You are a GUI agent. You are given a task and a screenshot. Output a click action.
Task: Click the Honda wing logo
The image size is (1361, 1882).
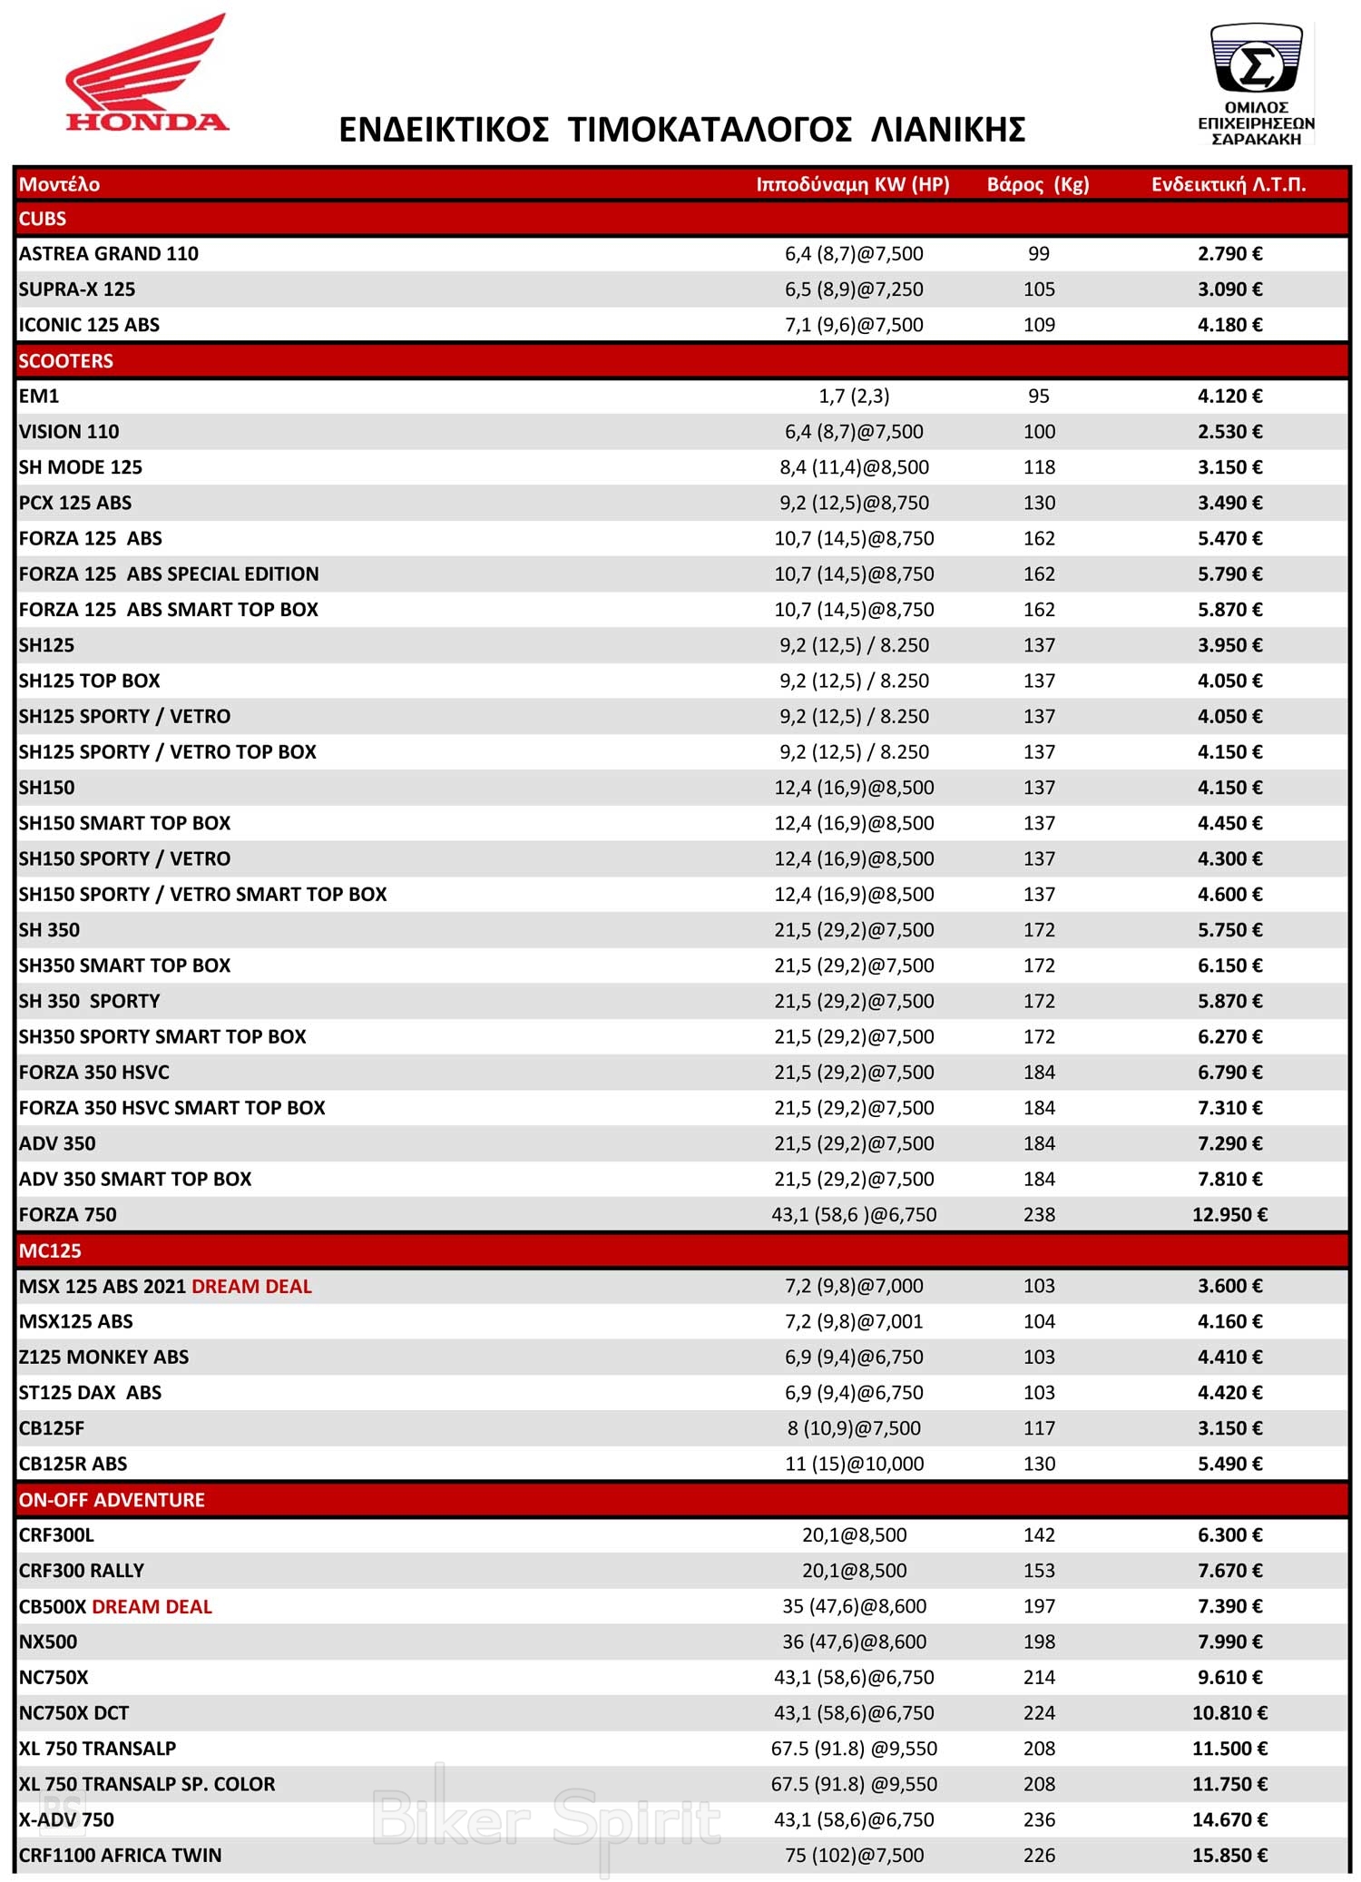(146, 73)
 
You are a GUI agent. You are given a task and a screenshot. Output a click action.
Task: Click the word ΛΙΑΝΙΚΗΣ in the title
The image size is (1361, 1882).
(948, 131)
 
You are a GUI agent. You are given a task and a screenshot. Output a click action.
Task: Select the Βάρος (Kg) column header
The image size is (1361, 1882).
(1038, 184)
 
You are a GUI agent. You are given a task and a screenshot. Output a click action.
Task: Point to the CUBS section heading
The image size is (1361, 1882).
(43, 219)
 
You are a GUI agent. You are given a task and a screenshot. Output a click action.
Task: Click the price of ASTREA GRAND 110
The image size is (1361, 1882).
(1229, 254)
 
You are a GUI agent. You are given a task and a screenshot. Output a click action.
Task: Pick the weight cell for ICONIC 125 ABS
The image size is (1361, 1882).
(1039, 325)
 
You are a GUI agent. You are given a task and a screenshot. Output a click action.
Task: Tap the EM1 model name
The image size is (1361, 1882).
(39, 397)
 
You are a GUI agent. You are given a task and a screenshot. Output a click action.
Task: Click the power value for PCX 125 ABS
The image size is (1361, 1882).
(854, 503)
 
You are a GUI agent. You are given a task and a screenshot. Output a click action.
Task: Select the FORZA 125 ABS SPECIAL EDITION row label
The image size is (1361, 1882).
(169, 574)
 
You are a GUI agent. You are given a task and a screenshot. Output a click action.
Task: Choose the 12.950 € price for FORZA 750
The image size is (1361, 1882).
(1229, 1215)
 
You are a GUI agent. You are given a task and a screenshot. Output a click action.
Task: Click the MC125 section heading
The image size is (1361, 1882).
(50, 1250)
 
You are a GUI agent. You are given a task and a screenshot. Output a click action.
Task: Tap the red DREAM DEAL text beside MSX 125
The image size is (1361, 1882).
(251, 1286)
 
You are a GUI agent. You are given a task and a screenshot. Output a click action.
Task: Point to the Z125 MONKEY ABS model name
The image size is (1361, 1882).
(103, 1358)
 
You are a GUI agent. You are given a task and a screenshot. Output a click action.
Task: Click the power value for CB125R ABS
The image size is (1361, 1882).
(854, 1464)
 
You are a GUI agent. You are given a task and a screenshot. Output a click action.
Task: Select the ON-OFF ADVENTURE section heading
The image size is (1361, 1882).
(112, 1500)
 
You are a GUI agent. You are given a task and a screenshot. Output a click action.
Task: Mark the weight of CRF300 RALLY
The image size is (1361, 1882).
(1039, 1571)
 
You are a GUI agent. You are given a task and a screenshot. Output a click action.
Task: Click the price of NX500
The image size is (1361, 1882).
(1229, 1642)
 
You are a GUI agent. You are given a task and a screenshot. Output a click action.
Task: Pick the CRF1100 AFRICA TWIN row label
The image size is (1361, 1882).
(120, 1856)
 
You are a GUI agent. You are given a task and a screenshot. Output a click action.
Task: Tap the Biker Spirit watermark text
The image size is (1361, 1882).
(546, 1819)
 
